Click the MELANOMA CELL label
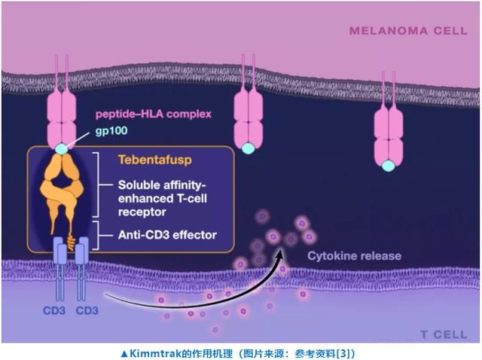click(408, 31)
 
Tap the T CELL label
click(444, 334)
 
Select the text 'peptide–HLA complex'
click(154, 114)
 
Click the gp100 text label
click(111, 130)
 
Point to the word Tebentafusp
click(155, 160)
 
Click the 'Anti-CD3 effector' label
click(167, 235)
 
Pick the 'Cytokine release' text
click(355, 256)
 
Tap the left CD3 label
click(54, 310)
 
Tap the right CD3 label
click(87, 310)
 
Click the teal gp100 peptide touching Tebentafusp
click(62, 149)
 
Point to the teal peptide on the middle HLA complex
click(248, 148)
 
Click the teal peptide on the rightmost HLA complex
click(389, 166)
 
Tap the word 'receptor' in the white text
click(142, 212)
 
